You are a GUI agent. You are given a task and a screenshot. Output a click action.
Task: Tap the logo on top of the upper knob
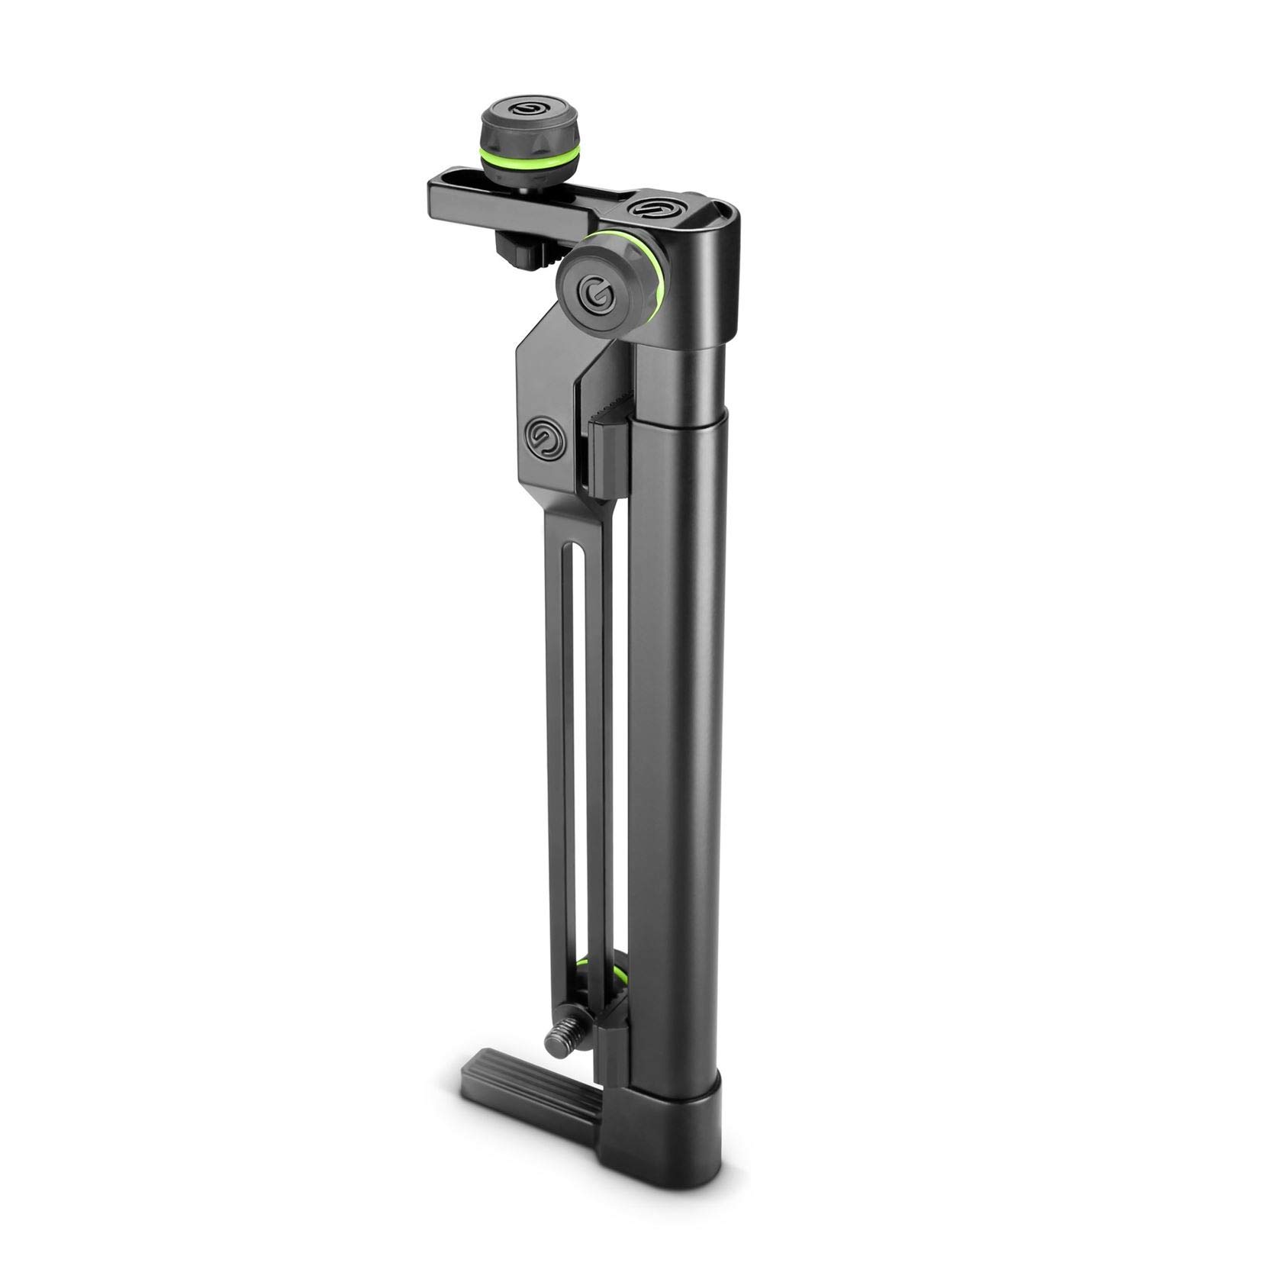pyautogui.click(x=526, y=112)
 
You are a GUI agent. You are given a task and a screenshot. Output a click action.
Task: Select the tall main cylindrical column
pyautogui.click(x=683, y=725)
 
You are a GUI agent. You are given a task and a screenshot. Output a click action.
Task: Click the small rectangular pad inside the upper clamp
pyautogui.click(x=607, y=450)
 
